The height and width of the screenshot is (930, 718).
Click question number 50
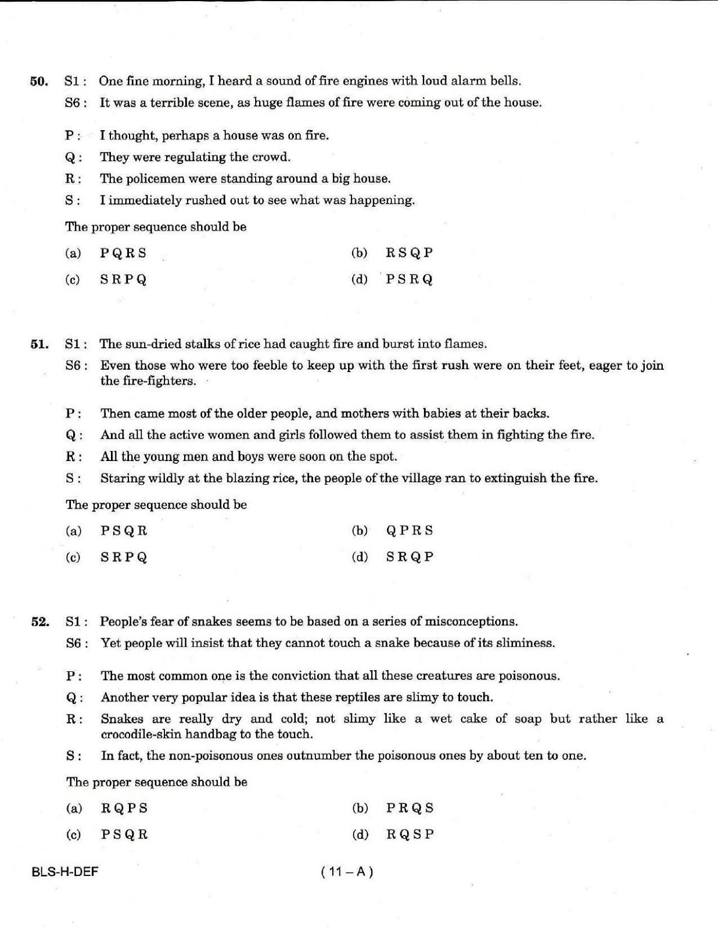(x=39, y=81)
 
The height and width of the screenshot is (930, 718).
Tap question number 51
(x=39, y=344)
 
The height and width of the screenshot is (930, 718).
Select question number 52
(x=39, y=622)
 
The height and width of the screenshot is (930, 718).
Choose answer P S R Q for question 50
(x=410, y=280)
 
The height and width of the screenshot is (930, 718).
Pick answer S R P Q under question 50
(x=123, y=280)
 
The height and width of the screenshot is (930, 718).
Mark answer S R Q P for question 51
(x=410, y=557)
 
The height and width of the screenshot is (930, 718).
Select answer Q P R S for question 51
(x=410, y=530)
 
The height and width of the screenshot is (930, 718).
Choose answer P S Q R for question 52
(x=124, y=835)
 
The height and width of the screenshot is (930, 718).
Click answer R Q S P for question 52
(x=410, y=835)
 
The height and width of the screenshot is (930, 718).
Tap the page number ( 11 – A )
(x=347, y=871)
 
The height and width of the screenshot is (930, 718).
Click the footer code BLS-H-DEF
(x=65, y=871)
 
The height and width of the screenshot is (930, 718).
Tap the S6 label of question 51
(x=76, y=366)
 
